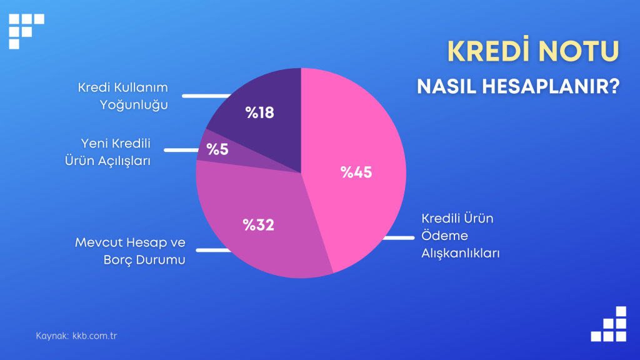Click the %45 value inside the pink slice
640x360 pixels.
(x=356, y=172)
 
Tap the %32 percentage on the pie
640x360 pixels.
(x=258, y=224)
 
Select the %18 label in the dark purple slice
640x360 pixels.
(x=259, y=112)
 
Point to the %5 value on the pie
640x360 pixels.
(x=217, y=149)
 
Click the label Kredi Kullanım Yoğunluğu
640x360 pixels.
(x=123, y=96)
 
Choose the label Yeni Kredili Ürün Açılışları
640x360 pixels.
(x=107, y=152)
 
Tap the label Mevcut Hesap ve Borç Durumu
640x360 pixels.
(x=130, y=251)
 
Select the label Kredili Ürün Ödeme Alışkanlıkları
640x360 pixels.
(x=461, y=236)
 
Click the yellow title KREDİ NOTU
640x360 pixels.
(x=533, y=51)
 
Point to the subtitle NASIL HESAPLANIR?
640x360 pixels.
(x=518, y=86)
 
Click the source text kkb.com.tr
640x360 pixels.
(x=95, y=336)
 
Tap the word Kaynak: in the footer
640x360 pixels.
(x=52, y=336)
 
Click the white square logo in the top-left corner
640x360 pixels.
(x=26, y=31)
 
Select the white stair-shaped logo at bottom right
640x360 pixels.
(x=609, y=324)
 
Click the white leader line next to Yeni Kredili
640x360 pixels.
(x=182, y=150)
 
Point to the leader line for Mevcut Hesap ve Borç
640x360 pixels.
(x=214, y=250)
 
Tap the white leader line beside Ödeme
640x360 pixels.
(x=398, y=237)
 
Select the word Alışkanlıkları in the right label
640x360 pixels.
(x=461, y=254)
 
